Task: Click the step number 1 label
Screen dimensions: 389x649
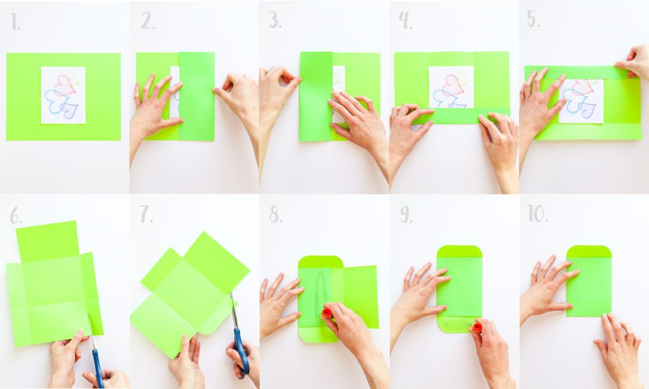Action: coord(15,22)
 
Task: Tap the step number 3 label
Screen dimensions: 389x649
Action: coord(274,20)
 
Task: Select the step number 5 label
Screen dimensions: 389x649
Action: coord(533,19)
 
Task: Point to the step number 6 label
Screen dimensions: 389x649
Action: coord(16,216)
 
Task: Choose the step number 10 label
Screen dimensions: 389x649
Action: coord(537,214)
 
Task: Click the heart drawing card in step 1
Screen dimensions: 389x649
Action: coord(63,95)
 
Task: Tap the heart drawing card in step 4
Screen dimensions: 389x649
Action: coord(451,87)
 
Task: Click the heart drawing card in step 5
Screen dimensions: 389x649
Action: coord(581,100)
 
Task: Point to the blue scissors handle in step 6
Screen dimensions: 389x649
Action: coord(97,367)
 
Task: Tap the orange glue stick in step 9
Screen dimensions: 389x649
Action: coord(477,327)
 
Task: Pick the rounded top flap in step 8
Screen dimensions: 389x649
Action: coord(320,262)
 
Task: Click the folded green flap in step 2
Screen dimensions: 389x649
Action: coord(196,96)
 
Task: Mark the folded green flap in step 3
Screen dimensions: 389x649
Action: coord(316,96)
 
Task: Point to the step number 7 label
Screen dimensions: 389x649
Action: coord(146,215)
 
